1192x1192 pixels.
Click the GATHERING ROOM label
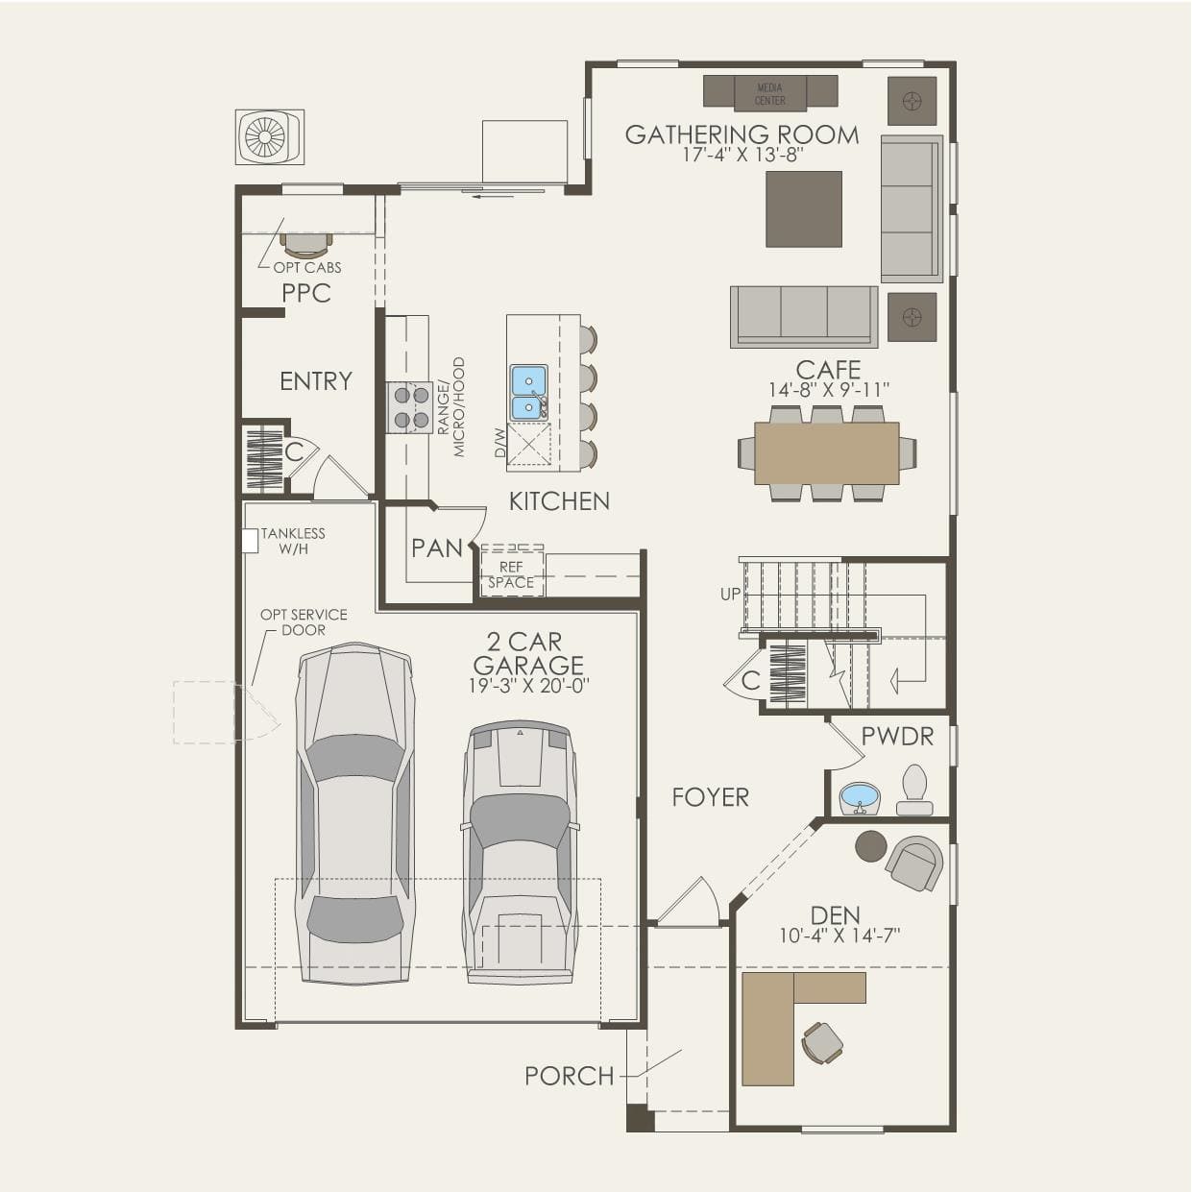click(742, 134)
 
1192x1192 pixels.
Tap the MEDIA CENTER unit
click(770, 93)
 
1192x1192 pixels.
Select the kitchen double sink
click(529, 392)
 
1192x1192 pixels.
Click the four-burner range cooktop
click(409, 407)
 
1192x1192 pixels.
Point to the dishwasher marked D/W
click(529, 444)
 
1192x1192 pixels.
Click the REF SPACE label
click(511, 574)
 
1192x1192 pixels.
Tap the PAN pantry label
click(437, 548)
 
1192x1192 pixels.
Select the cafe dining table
click(827, 453)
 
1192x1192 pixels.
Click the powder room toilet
click(914, 790)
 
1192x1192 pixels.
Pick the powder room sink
click(860, 798)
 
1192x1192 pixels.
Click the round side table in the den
click(871, 846)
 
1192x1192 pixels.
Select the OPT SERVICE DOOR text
click(304, 621)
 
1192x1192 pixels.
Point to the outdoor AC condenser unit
click(270, 136)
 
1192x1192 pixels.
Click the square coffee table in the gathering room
click(804, 209)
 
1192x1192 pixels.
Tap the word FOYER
click(710, 797)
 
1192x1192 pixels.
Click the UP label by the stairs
click(731, 595)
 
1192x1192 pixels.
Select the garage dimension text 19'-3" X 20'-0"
click(529, 686)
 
